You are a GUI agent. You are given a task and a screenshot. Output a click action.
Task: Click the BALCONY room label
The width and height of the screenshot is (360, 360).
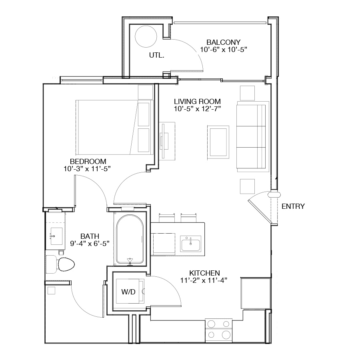(223, 42)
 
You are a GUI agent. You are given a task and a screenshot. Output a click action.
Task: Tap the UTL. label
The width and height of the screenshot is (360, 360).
(156, 55)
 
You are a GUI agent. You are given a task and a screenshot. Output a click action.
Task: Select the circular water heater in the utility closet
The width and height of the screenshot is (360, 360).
(146, 36)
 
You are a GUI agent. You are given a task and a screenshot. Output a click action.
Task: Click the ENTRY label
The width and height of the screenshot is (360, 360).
(293, 206)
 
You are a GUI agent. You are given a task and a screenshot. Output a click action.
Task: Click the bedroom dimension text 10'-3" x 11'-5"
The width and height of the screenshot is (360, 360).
(87, 169)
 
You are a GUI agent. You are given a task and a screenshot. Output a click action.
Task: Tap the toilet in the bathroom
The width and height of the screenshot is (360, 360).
(60, 264)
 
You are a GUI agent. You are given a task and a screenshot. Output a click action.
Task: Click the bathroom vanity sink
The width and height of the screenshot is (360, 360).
(56, 236)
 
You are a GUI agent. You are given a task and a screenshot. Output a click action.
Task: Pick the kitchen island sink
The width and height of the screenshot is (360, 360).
(190, 244)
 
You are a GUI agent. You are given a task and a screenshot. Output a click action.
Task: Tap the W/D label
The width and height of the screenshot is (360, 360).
(128, 292)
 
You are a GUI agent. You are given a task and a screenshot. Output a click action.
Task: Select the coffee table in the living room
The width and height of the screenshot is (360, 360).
(218, 142)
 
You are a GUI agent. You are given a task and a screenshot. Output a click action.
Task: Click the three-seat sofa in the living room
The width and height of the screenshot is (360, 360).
(252, 137)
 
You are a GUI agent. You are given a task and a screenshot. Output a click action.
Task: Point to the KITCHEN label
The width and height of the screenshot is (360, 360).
(204, 273)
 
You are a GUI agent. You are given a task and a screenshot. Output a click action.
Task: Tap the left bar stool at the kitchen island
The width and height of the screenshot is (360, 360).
(167, 218)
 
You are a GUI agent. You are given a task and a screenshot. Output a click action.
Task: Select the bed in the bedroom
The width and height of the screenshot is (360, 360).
(114, 127)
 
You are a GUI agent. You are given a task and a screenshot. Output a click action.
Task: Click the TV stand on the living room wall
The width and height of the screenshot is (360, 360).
(167, 141)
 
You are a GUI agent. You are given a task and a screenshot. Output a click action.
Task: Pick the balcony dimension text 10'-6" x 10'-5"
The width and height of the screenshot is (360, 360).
(224, 50)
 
